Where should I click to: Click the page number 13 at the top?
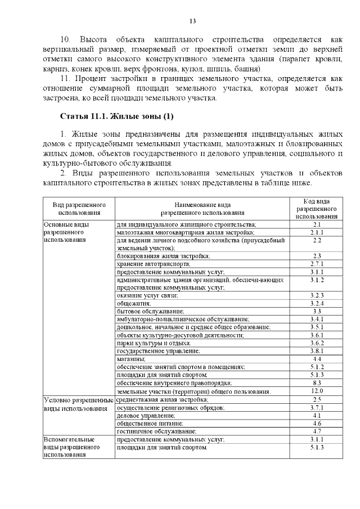tap(192, 21)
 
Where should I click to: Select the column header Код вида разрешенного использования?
tap(317, 209)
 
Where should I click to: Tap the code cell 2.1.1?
tap(317, 232)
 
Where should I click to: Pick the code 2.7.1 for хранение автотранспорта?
tap(317, 264)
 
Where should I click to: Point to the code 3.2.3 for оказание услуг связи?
tap(317, 295)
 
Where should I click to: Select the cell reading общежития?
tap(130, 303)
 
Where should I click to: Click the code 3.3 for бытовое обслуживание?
tap(317, 311)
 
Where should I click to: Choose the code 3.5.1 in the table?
tap(317, 327)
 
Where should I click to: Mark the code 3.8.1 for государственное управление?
tap(317, 350)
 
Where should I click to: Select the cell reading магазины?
tap(131, 358)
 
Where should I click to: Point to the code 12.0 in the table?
tap(317, 390)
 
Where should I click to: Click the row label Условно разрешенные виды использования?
tap(78, 403)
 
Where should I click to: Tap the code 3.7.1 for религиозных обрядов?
tap(317, 407)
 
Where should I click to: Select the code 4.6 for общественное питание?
tap(317, 423)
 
